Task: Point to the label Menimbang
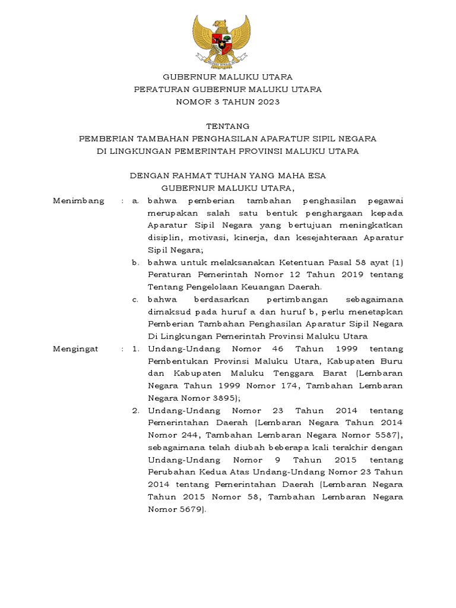[x=78, y=201]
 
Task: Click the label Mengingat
[x=75, y=349]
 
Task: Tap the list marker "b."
[x=135, y=262]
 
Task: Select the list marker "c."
[x=135, y=299]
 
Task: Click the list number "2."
[x=135, y=410]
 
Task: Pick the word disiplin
[x=164, y=237]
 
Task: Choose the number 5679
[x=189, y=509]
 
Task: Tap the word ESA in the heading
[x=315, y=176]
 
